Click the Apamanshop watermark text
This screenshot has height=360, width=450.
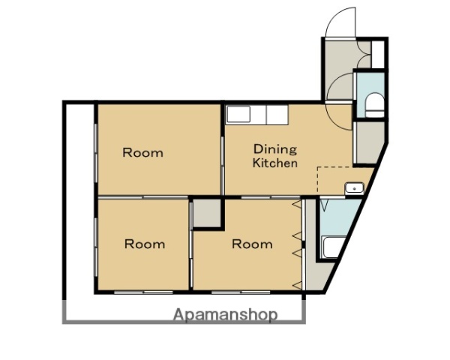pyautogui.click(x=226, y=315)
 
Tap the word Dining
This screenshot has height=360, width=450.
pyautogui.click(x=275, y=149)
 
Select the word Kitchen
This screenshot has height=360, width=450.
pyautogui.click(x=275, y=163)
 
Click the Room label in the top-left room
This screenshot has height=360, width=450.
pyautogui.click(x=143, y=153)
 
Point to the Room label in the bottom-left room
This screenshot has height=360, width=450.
pyautogui.click(x=145, y=244)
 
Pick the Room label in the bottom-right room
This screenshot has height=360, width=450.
pyautogui.click(x=252, y=244)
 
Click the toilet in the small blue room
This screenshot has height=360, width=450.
pyautogui.click(x=374, y=105)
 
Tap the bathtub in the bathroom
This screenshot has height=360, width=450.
pyautogui.click(x=333, y=247)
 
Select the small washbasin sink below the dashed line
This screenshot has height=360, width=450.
pyautogui.click(x=355, y=188)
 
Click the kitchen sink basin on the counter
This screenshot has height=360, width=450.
pyautogui.click(x=238, y=115)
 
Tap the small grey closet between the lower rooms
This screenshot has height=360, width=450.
pyautogui.click(x=206, y=213)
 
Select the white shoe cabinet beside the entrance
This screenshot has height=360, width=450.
pyautogui.click(x=378, y=55)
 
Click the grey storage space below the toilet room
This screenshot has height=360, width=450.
pyautogui.click(x=368, y=142)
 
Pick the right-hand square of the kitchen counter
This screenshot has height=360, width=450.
pyautogui.click(x=277, y=115)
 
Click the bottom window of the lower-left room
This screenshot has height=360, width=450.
pyautogui.click(x=143, y=292)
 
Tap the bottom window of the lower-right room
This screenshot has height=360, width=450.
pyautogui.click(x=241, y=292)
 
